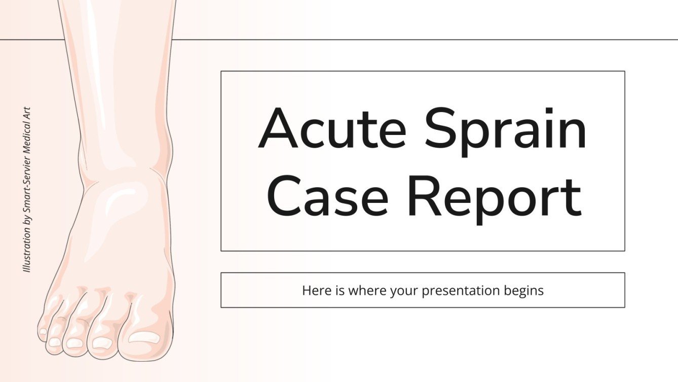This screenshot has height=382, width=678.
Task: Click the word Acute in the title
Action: pyautogui.click(x=332, y=128)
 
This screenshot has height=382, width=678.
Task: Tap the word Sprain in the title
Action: pyautogui.click(x=506, y=131)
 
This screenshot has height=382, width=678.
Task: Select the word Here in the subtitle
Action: pyautogui.click(x=314, y=291)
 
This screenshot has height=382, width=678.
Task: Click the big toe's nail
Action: pyautogui.click(x=143, y=337)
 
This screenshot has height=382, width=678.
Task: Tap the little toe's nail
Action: pyautogui.click(x=44, y=331)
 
